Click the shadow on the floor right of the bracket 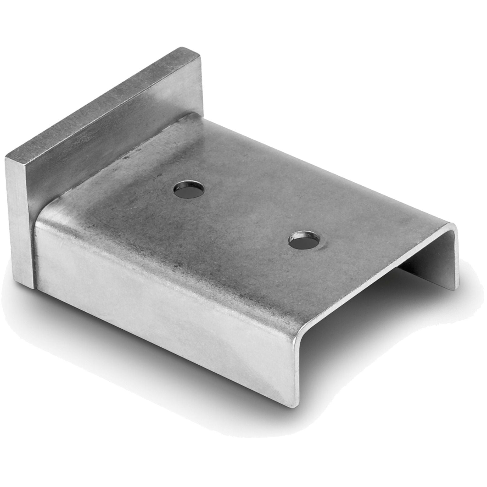click(441, 320)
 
